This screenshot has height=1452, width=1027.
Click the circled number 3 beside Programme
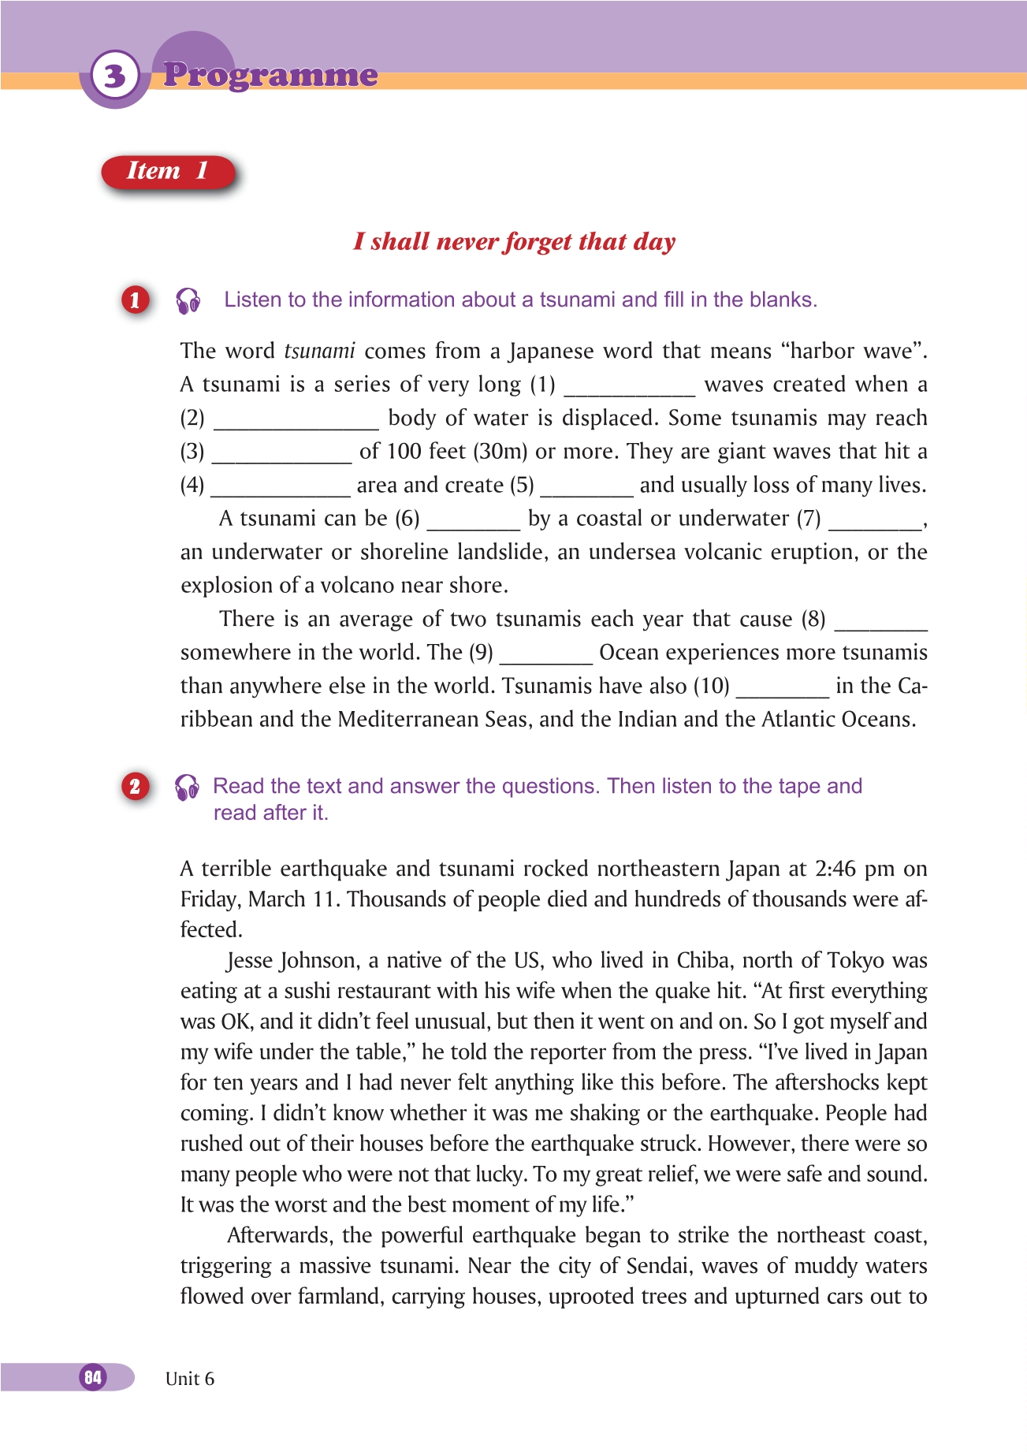(115, 76)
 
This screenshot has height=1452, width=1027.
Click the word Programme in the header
(270, 75)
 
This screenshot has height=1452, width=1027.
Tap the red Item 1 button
(168, 171)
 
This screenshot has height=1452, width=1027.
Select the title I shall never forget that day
(514, 241)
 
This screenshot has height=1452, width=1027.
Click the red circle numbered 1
(135, 300)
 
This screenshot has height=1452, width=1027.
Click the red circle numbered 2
(135, 786)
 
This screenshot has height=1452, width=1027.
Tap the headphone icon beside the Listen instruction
(188, 300)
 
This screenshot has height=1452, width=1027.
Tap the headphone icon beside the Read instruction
(188, 787)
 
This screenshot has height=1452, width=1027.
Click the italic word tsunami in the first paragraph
(319, 351)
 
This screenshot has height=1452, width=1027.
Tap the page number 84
(93, 1377)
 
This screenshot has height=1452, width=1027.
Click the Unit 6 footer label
(190, 1379)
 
